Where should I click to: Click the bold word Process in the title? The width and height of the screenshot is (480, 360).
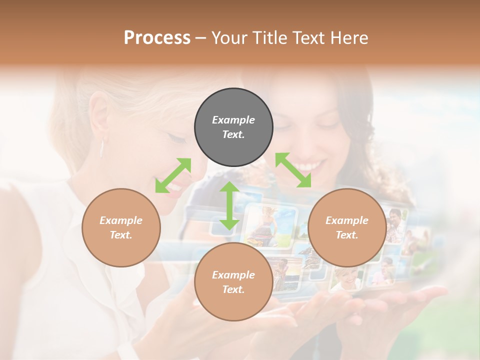[x=157, y=38]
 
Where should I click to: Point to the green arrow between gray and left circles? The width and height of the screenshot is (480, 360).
[x=173, y=175]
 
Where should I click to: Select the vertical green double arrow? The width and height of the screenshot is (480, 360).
[x=229, y=206]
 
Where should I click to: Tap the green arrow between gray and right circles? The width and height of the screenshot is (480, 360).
[x=293, y=170]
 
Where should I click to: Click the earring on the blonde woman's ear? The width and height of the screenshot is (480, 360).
[x=102, y=148]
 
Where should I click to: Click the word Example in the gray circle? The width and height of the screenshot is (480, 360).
[x=233, y=120]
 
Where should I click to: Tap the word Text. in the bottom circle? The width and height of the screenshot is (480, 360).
[x=233, y=289]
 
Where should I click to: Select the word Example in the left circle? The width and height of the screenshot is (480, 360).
[x=121, y=220]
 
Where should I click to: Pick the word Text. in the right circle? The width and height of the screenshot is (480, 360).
[x=347, y=235]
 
